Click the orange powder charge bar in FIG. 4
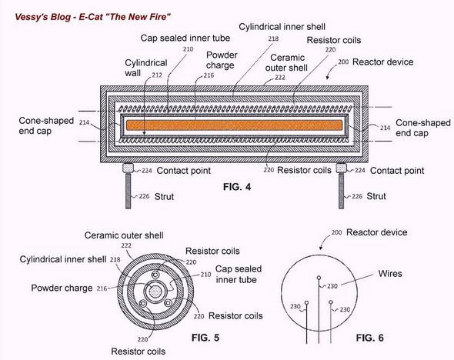pos(235,125)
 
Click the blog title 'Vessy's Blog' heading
pos(42,17)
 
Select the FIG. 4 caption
pos(237,187)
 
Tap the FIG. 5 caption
pos(205,338)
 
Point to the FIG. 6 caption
pos(370,338)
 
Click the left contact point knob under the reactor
pos(128,168)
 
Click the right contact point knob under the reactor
pos(342,168)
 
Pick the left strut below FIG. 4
pos(128,191)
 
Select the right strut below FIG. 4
pos(342,191)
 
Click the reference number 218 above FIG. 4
pos(273,38)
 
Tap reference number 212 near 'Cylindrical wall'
pos(157,75)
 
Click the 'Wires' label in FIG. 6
pos(390,274)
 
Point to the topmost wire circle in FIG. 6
pos(319,278)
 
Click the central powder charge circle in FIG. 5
pos(155,292)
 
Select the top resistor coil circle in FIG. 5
pos(155,275)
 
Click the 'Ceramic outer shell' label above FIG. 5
pos(124,235)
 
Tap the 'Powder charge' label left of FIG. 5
pos(62,288)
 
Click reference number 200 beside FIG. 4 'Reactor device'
pos(343,62)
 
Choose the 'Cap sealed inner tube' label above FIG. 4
pos(185,38)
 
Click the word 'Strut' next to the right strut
pos(376,196)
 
